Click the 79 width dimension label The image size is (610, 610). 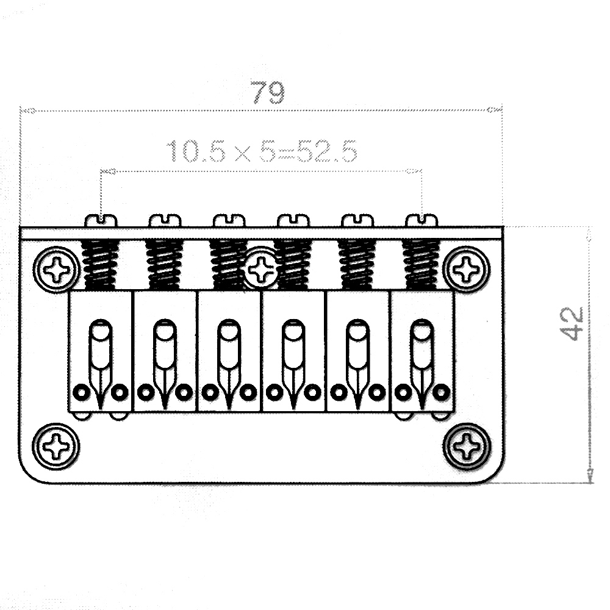(267, 92)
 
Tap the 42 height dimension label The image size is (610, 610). (571, 324)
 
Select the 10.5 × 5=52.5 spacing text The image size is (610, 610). (262, 151)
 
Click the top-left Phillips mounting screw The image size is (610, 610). (57, 269)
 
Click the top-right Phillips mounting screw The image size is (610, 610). (466, 269)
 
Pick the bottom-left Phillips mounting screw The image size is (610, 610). (56, 447)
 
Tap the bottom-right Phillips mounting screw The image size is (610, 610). (467, 447)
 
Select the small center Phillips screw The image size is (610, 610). (262, 268)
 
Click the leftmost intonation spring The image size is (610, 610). (101, 265)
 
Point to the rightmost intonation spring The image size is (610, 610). (422, 265)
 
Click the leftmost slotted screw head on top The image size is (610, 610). (101, 220)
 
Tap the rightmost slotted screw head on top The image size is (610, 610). (422, 220)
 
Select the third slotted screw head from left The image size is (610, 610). (229, 220)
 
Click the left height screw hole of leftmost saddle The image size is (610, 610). (81, 392)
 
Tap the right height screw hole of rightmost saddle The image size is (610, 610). (442, 392)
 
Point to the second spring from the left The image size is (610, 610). (165, 265)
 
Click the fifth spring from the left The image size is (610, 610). (357, 265)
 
